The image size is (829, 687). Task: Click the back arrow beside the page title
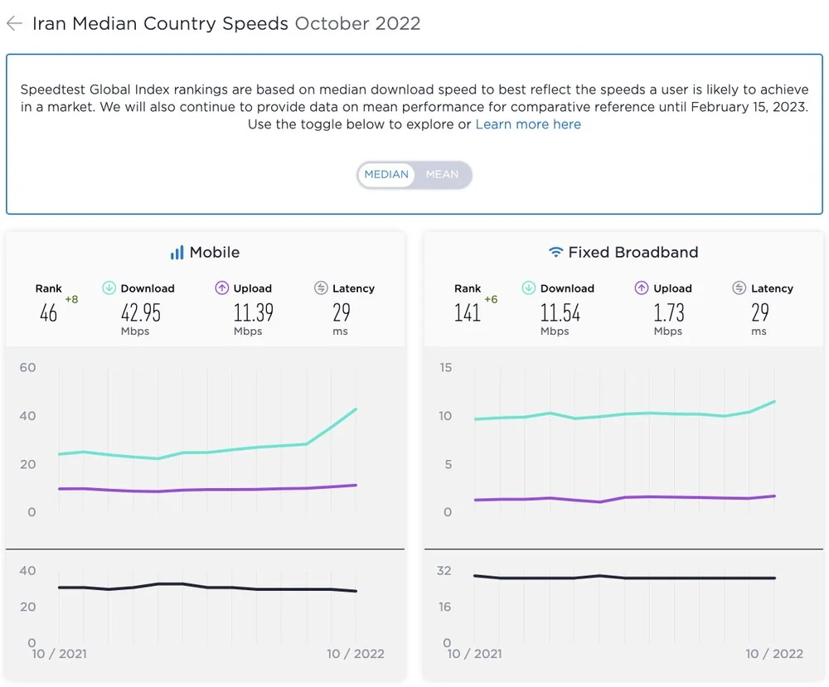14,23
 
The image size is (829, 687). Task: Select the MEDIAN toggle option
386,174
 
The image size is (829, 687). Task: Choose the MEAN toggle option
442,174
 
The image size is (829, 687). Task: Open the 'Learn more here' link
528,124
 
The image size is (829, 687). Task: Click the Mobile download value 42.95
141,312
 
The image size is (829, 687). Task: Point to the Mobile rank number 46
48,312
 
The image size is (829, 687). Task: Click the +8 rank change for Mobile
71,299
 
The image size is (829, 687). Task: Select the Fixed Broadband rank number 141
468,312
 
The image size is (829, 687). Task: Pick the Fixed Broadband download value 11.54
560,312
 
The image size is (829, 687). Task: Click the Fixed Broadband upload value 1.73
669,312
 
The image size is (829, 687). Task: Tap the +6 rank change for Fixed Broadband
491,299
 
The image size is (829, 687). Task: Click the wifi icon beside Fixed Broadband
555,252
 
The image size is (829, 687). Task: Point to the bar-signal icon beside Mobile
177,253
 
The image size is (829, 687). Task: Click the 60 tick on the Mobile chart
27,367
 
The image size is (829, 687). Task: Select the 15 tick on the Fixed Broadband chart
445,367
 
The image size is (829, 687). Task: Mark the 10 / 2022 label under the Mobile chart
355,654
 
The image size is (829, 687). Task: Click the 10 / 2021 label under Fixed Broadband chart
474,654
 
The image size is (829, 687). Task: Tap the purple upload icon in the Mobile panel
221,288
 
